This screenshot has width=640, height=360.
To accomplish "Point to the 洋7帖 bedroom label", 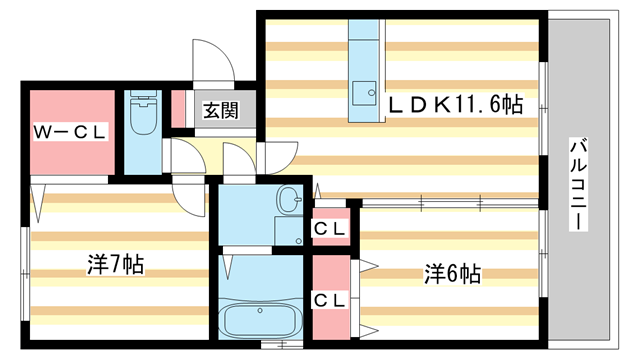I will pyautogui.click(x=115, y=265).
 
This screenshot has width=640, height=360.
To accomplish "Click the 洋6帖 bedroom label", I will pyautogui.click(x=452, y=273).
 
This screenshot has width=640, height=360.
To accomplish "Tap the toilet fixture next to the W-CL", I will pyautogui.click(x=145, y=115).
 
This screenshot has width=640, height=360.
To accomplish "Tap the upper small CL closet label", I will pyautogui.click(x=330, y=228).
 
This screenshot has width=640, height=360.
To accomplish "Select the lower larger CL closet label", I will pyautogui.click(x=330, y=299).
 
